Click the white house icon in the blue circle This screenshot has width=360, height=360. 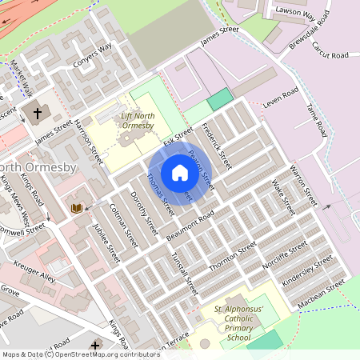click(180, 172)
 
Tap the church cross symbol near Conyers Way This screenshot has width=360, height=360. click(37, 113)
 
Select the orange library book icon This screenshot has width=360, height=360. click(77, 208)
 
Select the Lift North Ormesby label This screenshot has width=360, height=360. click(136, 122)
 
